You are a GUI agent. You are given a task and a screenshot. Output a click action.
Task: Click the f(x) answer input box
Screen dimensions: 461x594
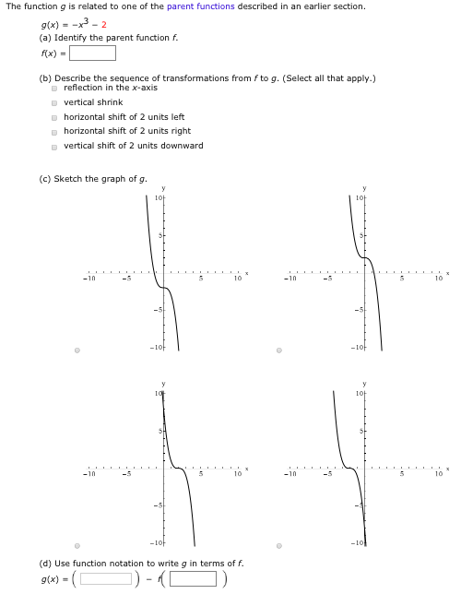coord(93,53)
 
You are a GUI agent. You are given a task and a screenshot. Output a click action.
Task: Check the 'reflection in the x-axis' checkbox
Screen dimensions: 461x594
coord(55,88)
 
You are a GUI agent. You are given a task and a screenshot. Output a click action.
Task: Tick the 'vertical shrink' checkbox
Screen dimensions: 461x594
coord(55,102)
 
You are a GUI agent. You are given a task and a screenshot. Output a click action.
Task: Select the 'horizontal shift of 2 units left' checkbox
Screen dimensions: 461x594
coord(55,117)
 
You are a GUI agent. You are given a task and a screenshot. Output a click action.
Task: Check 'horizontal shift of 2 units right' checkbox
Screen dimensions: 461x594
coord(55,131)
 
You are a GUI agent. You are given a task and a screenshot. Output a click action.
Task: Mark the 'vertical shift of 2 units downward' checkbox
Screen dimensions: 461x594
coord(55,146)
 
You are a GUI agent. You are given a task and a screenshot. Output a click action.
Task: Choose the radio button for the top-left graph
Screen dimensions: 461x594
coord(77,350)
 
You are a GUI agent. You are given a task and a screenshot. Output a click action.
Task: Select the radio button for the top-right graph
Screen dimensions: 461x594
coord(279,350)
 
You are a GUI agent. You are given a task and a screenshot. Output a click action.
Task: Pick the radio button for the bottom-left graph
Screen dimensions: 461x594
coord(77,545)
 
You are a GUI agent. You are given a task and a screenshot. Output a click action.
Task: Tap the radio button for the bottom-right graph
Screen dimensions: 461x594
coord(279,545)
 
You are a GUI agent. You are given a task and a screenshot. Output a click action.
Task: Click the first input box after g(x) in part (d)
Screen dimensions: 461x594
coord(106,578)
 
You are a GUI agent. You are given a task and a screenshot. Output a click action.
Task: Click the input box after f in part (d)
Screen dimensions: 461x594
coord(193,578)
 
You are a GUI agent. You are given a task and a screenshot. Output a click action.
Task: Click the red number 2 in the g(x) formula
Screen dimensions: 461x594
coord(104,24)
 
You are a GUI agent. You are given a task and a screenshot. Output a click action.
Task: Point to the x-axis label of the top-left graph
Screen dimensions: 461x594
coord(247,273)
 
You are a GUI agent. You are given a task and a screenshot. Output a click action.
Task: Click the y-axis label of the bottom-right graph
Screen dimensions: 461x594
coord(364,383)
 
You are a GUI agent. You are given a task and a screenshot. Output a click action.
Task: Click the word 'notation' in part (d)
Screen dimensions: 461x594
coord(125,563)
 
